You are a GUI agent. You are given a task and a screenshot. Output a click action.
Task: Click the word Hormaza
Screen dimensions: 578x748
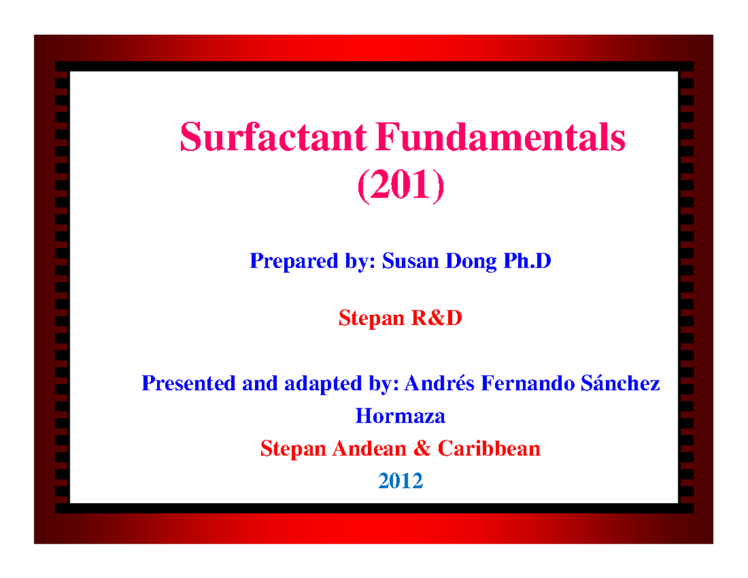click(x=400, y=415)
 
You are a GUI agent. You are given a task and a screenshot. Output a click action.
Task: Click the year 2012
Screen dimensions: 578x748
click(x=400, y=480)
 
